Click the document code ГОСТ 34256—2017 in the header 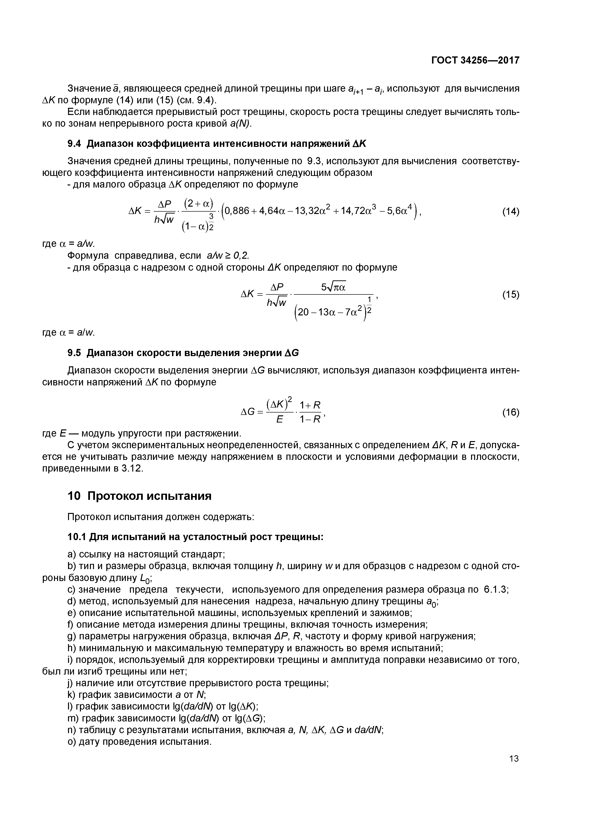click(x=475, y=60)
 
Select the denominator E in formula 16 click(x=279, y=420)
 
